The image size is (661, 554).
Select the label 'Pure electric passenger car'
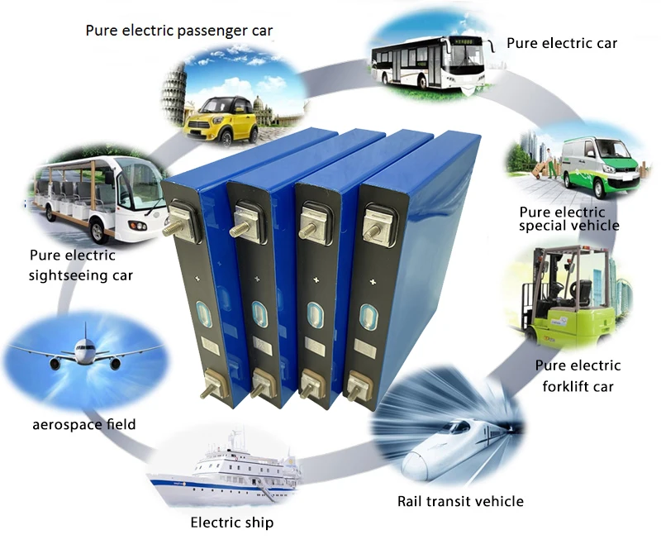(x=179, y=31)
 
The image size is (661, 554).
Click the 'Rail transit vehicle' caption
(x=460, y=501)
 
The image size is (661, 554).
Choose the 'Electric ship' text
(x=231, y=523)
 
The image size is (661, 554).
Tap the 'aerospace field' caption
(x=84, y=424)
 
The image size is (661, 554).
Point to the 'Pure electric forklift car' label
(x=578, y=375)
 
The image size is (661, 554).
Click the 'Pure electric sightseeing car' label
(x=80, y=264)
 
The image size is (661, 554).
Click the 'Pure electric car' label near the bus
(x=562, y=42)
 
